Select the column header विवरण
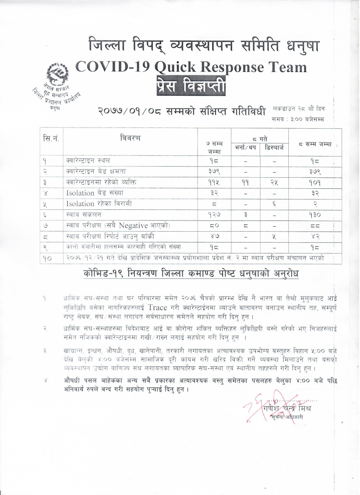130,138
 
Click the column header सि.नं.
51,138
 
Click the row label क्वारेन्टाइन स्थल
88,160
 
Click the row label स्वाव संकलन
81,215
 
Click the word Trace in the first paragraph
157,307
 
